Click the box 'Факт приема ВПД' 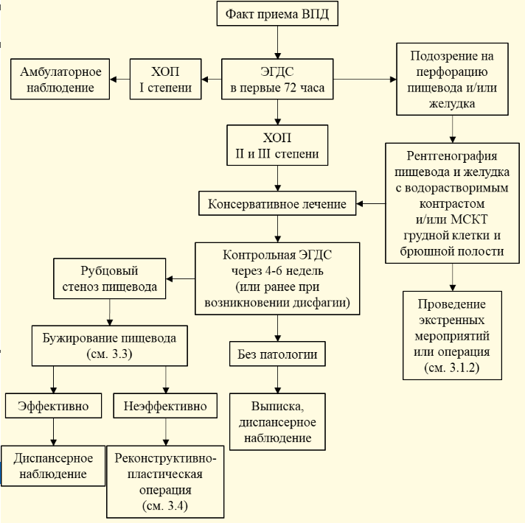point(277,13)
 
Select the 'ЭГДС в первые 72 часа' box point(277,80)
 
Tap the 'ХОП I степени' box point(165,80)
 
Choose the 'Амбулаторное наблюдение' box point(60,80)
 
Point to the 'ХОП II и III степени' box point(277,145)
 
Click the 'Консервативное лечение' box point(277,203)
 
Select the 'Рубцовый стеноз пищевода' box point(109,278)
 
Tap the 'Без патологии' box point(277,354)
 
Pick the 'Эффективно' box point(53,406)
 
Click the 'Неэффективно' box point(165,406)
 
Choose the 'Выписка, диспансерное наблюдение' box point(277,421)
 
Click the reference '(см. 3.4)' point(165,505)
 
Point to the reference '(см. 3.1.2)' point(452,367)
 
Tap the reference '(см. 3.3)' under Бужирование point(109,354)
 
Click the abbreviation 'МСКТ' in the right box point(469,220)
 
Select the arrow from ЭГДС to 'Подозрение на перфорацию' point(365,80)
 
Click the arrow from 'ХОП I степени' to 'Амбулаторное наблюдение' point(120,80)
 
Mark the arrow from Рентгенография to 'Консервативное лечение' point(371,203)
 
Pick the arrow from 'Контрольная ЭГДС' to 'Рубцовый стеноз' point(181,278)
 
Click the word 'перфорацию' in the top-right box point(452,71)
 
